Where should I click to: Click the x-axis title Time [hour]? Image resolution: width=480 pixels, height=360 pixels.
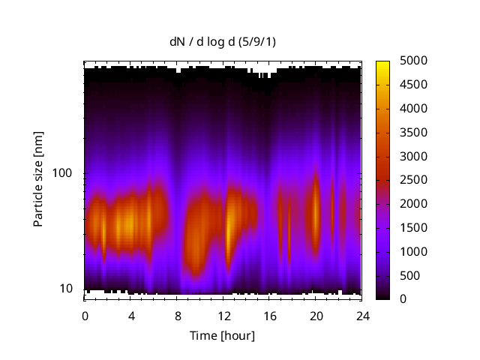pos(223,335)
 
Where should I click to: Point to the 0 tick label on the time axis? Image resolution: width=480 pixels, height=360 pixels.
pos(85,316)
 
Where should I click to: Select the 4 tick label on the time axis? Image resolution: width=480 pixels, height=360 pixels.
pos(131,316)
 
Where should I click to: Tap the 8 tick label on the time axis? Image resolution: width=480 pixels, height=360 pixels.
pos(177,316)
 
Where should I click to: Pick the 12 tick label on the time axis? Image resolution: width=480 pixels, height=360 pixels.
pos(223,316)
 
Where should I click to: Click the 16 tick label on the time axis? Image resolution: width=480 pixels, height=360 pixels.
pos(269,316)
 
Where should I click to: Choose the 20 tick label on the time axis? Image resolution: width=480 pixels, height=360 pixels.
pos(316,316)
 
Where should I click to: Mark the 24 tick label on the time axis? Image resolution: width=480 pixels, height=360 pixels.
pos(361,316)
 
